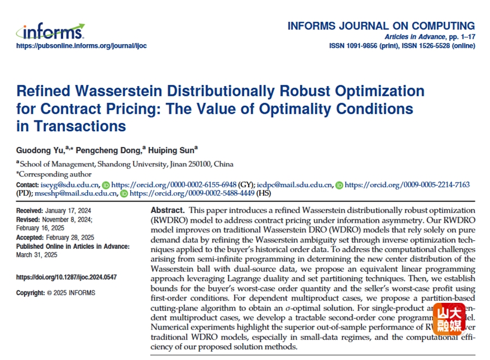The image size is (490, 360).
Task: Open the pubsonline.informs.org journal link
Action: tap(81, 46)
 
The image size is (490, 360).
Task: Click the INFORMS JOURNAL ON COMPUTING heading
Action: tap(381, 26)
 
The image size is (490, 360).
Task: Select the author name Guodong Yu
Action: tap(40, 149)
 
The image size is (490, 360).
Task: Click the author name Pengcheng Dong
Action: tap(112, 149)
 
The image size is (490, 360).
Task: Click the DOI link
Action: tap(66, 277)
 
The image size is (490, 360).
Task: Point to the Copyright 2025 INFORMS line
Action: tap(56, 292)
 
